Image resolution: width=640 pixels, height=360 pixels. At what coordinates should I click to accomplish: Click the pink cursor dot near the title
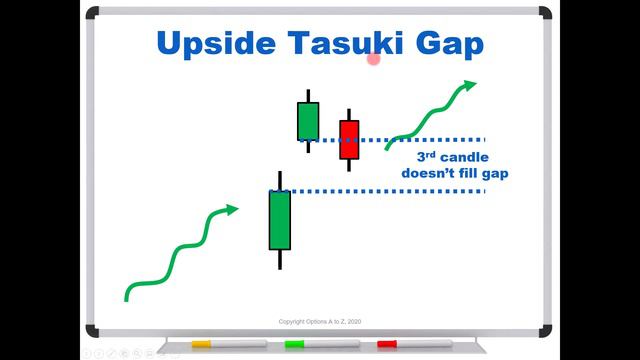coord(374,59)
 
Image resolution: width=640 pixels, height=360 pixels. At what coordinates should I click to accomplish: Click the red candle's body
coord(349,140)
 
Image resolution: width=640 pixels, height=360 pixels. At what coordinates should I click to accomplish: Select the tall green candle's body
coord(279,219)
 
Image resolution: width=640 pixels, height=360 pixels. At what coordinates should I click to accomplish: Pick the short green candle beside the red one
coord(308,121)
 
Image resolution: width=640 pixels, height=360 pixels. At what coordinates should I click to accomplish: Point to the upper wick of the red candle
coord(349,114)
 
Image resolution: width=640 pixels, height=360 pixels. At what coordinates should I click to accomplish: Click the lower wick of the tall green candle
coord(279,259)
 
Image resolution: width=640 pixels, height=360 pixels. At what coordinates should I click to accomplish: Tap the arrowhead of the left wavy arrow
coord(233,209)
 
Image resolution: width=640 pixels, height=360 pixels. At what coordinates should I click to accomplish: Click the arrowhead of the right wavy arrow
coord(470,85)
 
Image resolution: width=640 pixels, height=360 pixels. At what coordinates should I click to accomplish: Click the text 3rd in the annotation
coord(428,157)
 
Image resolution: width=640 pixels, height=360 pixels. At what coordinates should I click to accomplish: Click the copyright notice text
coord(320,321)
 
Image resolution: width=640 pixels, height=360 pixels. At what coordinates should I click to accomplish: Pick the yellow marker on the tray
coord(201,344)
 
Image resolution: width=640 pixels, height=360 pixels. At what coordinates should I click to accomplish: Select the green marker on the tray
coord(294,344)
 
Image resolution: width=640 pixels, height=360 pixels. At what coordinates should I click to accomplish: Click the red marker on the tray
coord(386,344)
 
